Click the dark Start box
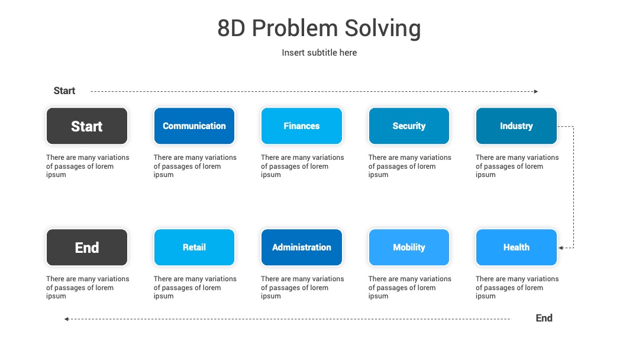pos(87,126)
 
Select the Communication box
pos(194,126)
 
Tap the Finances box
pos(302,126)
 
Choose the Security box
pos(409,126)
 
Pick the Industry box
pos(517,126)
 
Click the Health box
pos(517,247)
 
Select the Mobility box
pos(409,247)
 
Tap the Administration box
pos(302,247)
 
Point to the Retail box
pos(194,247)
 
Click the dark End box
pos(87,247)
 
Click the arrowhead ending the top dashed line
pos(536,91)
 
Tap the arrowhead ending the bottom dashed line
pos(66,319)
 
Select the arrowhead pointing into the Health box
pos(561,248)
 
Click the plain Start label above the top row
pos(64,91)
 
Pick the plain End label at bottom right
pos(544,318)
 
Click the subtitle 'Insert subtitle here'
pos(319,53)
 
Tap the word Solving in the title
pos(383,28)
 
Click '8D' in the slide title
pos(231,28)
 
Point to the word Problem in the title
pos(295,28)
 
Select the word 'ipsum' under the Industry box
pos(485,175)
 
